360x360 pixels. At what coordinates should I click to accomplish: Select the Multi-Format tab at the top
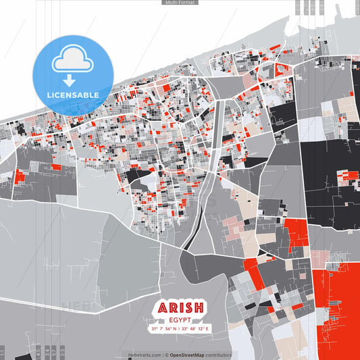(x=180, y=3)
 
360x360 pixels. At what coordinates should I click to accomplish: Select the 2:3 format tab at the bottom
(x=63, y=352)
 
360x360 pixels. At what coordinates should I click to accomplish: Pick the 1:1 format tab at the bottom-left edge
(x=3, y=352)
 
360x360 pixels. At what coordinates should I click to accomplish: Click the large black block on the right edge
(x=331, y=169)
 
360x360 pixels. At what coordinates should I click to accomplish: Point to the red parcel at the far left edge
(x=20, y=177)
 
